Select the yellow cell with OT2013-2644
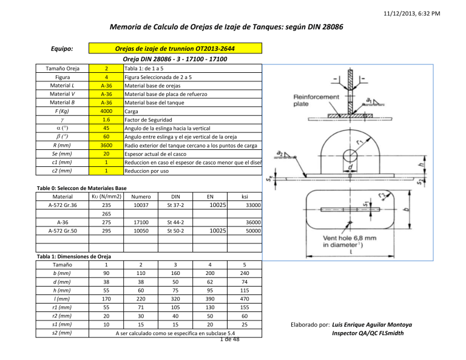pos(175,49)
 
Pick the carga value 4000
pos(106,112)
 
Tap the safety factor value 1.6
pos(106,121)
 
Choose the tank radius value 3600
pos(106,146)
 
